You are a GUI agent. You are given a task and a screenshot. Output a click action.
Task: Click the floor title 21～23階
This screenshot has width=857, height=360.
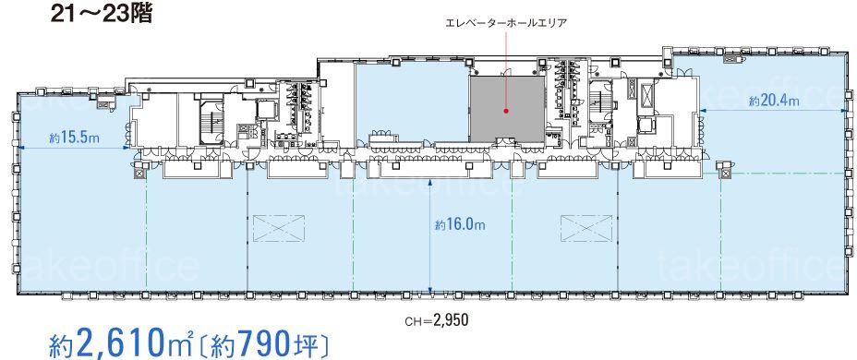coord(101,14)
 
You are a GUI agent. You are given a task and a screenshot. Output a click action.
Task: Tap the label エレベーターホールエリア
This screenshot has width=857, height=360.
coord(505,22)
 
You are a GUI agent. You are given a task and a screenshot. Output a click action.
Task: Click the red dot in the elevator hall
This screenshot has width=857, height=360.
coord(506,111)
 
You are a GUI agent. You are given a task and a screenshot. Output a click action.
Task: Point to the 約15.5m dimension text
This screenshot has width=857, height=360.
coord(74,138)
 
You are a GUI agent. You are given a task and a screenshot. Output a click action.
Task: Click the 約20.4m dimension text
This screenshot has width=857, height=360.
coord(774,101)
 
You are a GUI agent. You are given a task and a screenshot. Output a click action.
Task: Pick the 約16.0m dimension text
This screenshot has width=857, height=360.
coord(460,223)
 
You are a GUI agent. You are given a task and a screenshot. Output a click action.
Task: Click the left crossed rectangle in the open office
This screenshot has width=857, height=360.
coord(278,228)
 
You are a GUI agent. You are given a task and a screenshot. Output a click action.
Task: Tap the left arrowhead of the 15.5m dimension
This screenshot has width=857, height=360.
coord(20,148)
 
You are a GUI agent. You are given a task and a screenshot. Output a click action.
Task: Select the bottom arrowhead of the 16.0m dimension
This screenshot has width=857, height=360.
coord(430,290)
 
